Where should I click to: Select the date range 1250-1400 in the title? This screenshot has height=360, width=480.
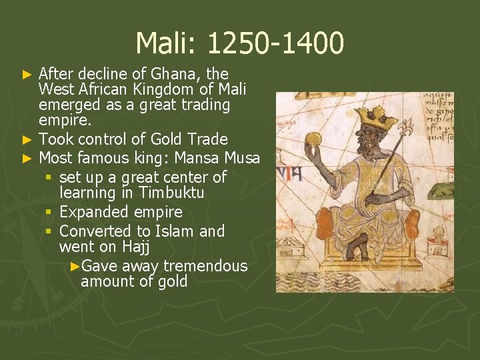point(275,44)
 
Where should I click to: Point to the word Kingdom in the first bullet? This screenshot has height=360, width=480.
point(161,89)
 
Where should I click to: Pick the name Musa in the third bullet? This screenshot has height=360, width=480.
point(242,158)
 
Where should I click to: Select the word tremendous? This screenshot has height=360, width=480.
point(205,266)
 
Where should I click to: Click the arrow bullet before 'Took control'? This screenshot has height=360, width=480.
point(27,140)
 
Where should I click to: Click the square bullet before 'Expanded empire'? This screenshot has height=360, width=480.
point(49,213)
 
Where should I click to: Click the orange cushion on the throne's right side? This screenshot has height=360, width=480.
point(411,224)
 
